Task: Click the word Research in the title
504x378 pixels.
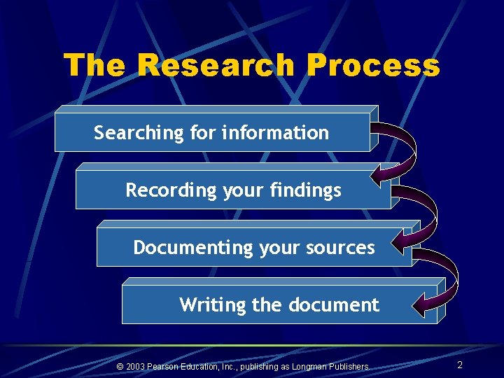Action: [217, 66]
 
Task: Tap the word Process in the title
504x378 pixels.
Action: [373, 66]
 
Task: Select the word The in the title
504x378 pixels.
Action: [95, 66]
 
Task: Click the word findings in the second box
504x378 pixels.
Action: [309, 190]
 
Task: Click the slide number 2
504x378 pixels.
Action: [459, 365]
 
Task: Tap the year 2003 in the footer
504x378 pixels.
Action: [136, 366]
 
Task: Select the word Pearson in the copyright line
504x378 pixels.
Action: [167, 366]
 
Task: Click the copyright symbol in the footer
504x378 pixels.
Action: [120, 366]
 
